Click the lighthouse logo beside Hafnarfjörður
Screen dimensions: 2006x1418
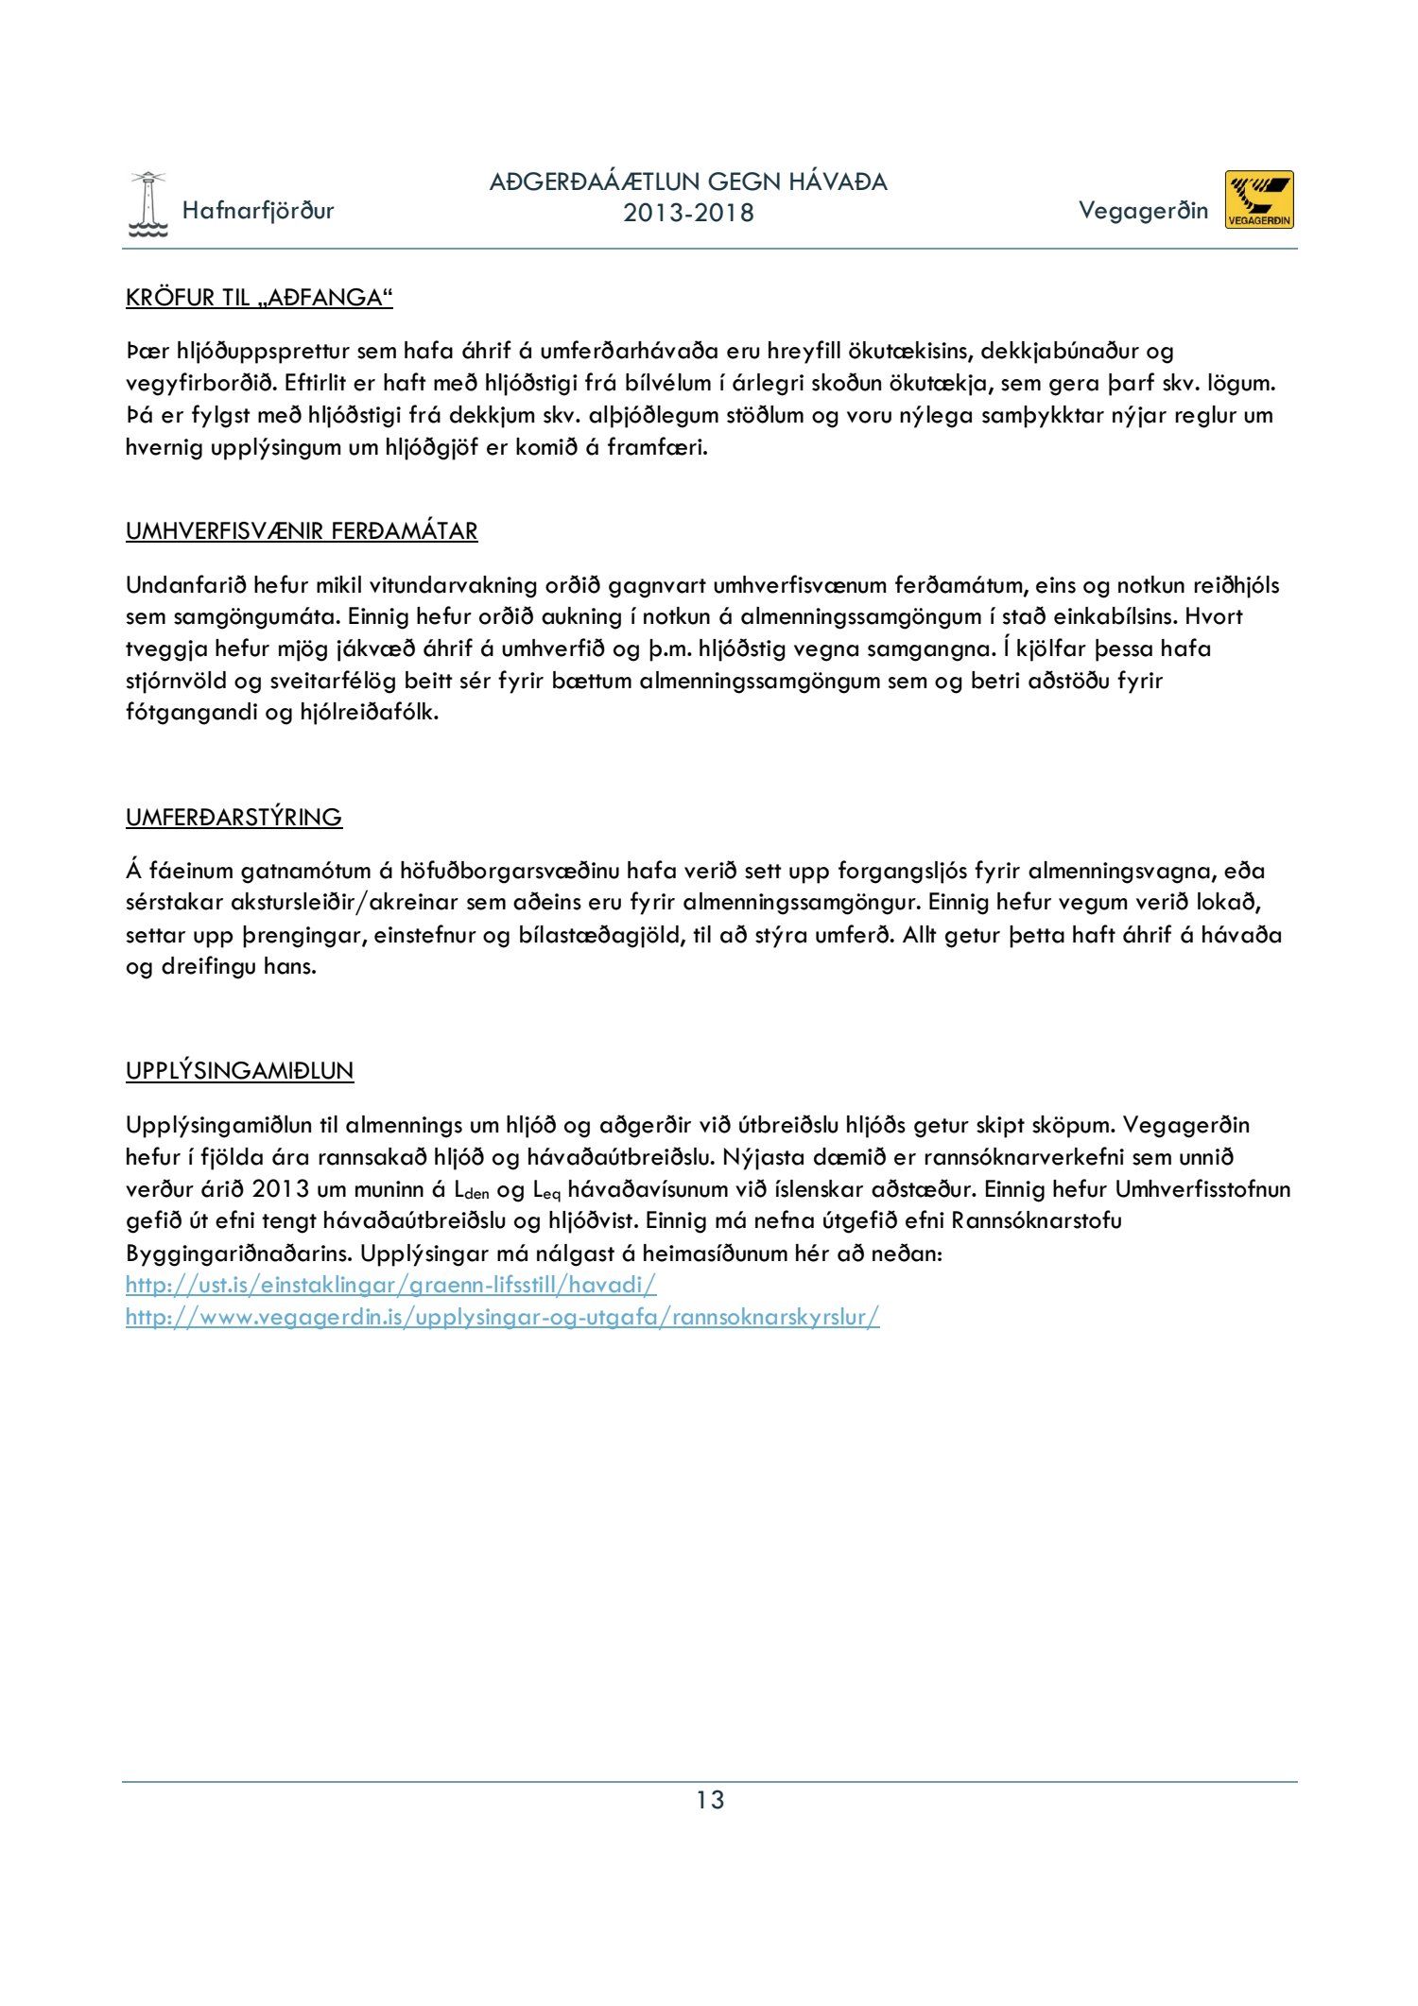147,205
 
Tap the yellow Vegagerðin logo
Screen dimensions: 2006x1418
1259,199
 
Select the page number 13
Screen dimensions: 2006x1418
710,1800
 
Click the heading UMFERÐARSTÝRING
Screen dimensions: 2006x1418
233,817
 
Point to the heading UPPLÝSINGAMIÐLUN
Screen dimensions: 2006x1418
239,1071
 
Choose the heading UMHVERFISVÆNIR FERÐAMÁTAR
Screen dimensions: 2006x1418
302,531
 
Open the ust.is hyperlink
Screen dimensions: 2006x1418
390,1285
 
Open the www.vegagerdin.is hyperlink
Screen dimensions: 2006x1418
502,1317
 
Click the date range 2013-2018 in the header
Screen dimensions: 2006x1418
688,214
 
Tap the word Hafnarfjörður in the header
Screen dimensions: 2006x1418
258,210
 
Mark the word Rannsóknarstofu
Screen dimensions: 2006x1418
1037,1220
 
